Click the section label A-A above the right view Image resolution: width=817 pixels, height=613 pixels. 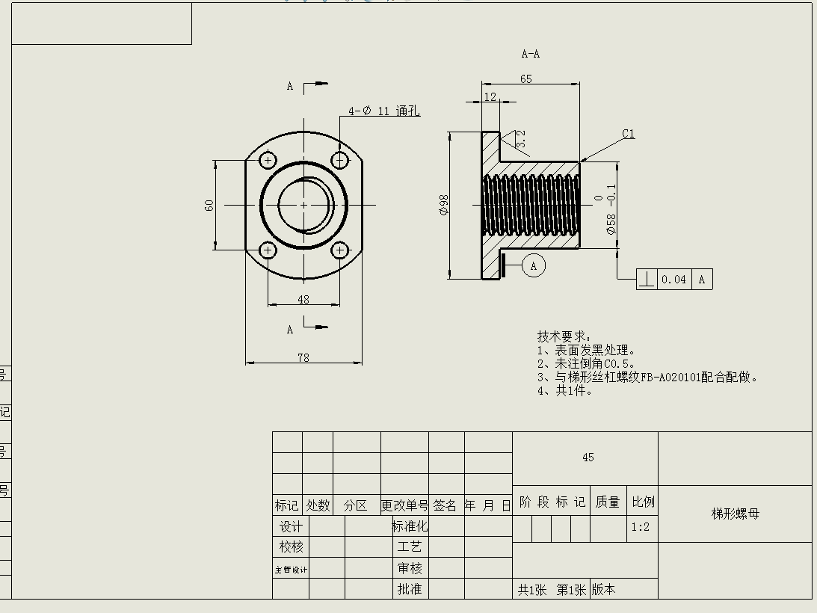[530, 54]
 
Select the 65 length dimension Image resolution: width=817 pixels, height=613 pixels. [526, 79]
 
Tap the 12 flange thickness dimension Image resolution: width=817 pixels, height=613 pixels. [490, 97]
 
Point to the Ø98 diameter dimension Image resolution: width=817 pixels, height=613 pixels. [444, 205]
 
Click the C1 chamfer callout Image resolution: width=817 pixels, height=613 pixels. [628, 135]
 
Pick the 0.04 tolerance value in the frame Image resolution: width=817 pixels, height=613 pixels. [673, 280]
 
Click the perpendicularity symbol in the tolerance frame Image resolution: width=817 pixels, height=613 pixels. [647, 280]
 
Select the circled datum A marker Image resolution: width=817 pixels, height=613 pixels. [534, 265]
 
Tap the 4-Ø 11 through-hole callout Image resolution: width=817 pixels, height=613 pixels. [383, 111]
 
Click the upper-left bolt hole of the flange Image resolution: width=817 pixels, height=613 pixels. [268, 159]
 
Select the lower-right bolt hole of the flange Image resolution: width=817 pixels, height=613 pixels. [340, 250]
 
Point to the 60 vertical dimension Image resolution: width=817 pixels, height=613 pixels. [209, 204]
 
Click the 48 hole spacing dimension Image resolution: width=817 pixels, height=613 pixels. [303, 299]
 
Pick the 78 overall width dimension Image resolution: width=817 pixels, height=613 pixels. [303, 358]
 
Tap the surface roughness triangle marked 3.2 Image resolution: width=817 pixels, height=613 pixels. [516, 138]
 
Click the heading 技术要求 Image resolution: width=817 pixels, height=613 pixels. [564, 337]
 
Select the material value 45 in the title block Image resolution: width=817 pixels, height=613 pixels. [588, 458]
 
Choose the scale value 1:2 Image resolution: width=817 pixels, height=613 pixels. [641, 527]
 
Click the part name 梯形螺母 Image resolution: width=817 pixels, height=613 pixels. [735, 514]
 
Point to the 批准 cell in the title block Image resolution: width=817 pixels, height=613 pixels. [410, 589]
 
